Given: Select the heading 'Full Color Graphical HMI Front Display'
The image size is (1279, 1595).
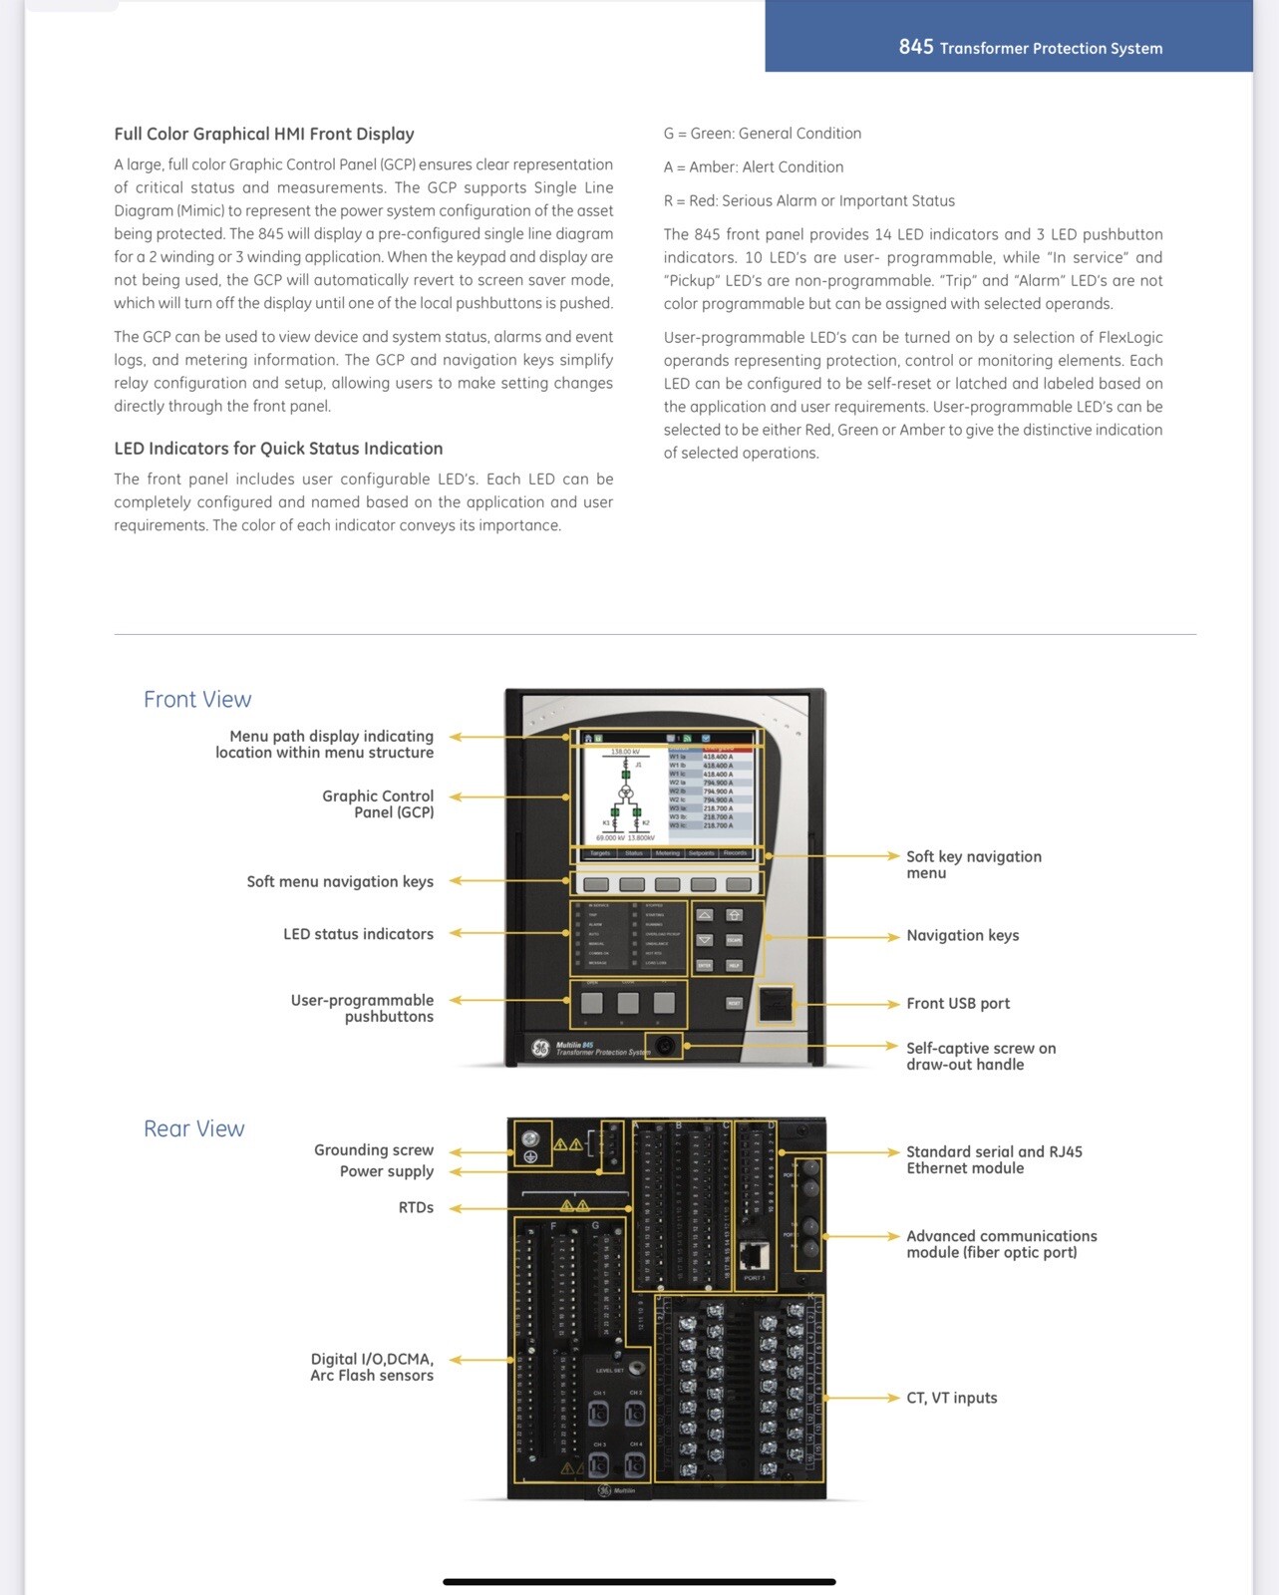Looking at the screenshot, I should pyautogui.click(x=264, y=134).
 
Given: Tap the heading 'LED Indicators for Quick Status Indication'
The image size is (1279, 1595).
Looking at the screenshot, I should pyautogui.click(x=278, y=449).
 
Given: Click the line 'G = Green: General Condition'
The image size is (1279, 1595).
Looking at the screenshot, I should pyautogui.click(x=763, y=134).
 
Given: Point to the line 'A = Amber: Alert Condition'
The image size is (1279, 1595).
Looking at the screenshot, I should pyautogui.click(x=754, y=167).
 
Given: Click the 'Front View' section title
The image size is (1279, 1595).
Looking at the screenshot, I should pyautogui.click(x=197, y=699).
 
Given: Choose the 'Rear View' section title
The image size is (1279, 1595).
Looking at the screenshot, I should pyautogui.click(x=194, y=1128).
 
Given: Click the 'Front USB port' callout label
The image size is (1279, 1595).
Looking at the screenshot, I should pyautogui.click(x=957, y=1004).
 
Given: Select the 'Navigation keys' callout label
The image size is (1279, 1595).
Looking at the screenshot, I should pyautogui.click(x=962, y=935).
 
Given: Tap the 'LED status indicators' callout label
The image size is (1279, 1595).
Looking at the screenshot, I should pyautogui.click(x=358, y=934).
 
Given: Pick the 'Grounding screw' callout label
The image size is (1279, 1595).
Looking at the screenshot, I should pyautogui.click(x=374, y=1150).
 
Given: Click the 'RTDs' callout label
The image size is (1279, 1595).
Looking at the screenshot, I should pyautogui.click(x=416, y=1207).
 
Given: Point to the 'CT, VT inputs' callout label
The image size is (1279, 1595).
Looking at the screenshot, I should pyautogui.click(x=951, y=1398).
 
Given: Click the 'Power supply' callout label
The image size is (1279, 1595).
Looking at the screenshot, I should pyautogui.click(x=387, y=1171).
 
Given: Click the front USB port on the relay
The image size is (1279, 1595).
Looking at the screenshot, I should pyautogui.click(x=776, y=1004).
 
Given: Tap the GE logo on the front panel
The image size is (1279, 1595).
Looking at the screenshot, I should pyautogui.click(x=540, y=1048).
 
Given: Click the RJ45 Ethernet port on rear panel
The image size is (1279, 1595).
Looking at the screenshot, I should pyautogui.click(x=755, y=1256).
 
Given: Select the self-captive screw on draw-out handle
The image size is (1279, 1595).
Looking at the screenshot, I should pyautogui.click(x=665, y=1046).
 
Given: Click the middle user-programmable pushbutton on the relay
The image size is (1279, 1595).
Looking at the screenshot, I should pyautogui.click(x=628, y=1003).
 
